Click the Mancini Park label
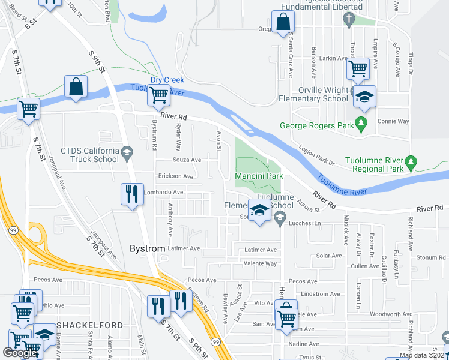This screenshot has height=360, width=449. [x=258, y=176]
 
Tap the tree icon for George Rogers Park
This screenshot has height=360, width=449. [x=361, y=124]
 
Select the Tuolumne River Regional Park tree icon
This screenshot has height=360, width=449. [x=411, y=162]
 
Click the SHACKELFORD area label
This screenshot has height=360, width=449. [x=89, y=325]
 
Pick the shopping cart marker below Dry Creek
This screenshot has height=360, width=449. [x=158, y=95]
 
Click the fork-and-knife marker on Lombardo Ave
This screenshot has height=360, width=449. [x=131, y=194]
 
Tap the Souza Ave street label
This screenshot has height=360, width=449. [x=187, y=160]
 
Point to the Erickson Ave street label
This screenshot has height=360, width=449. [x=176, y=176]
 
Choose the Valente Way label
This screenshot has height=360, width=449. [x=260, y=263]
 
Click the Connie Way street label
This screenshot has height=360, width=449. [x=393, y=121]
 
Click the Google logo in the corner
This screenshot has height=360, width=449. [x=20, y=353]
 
